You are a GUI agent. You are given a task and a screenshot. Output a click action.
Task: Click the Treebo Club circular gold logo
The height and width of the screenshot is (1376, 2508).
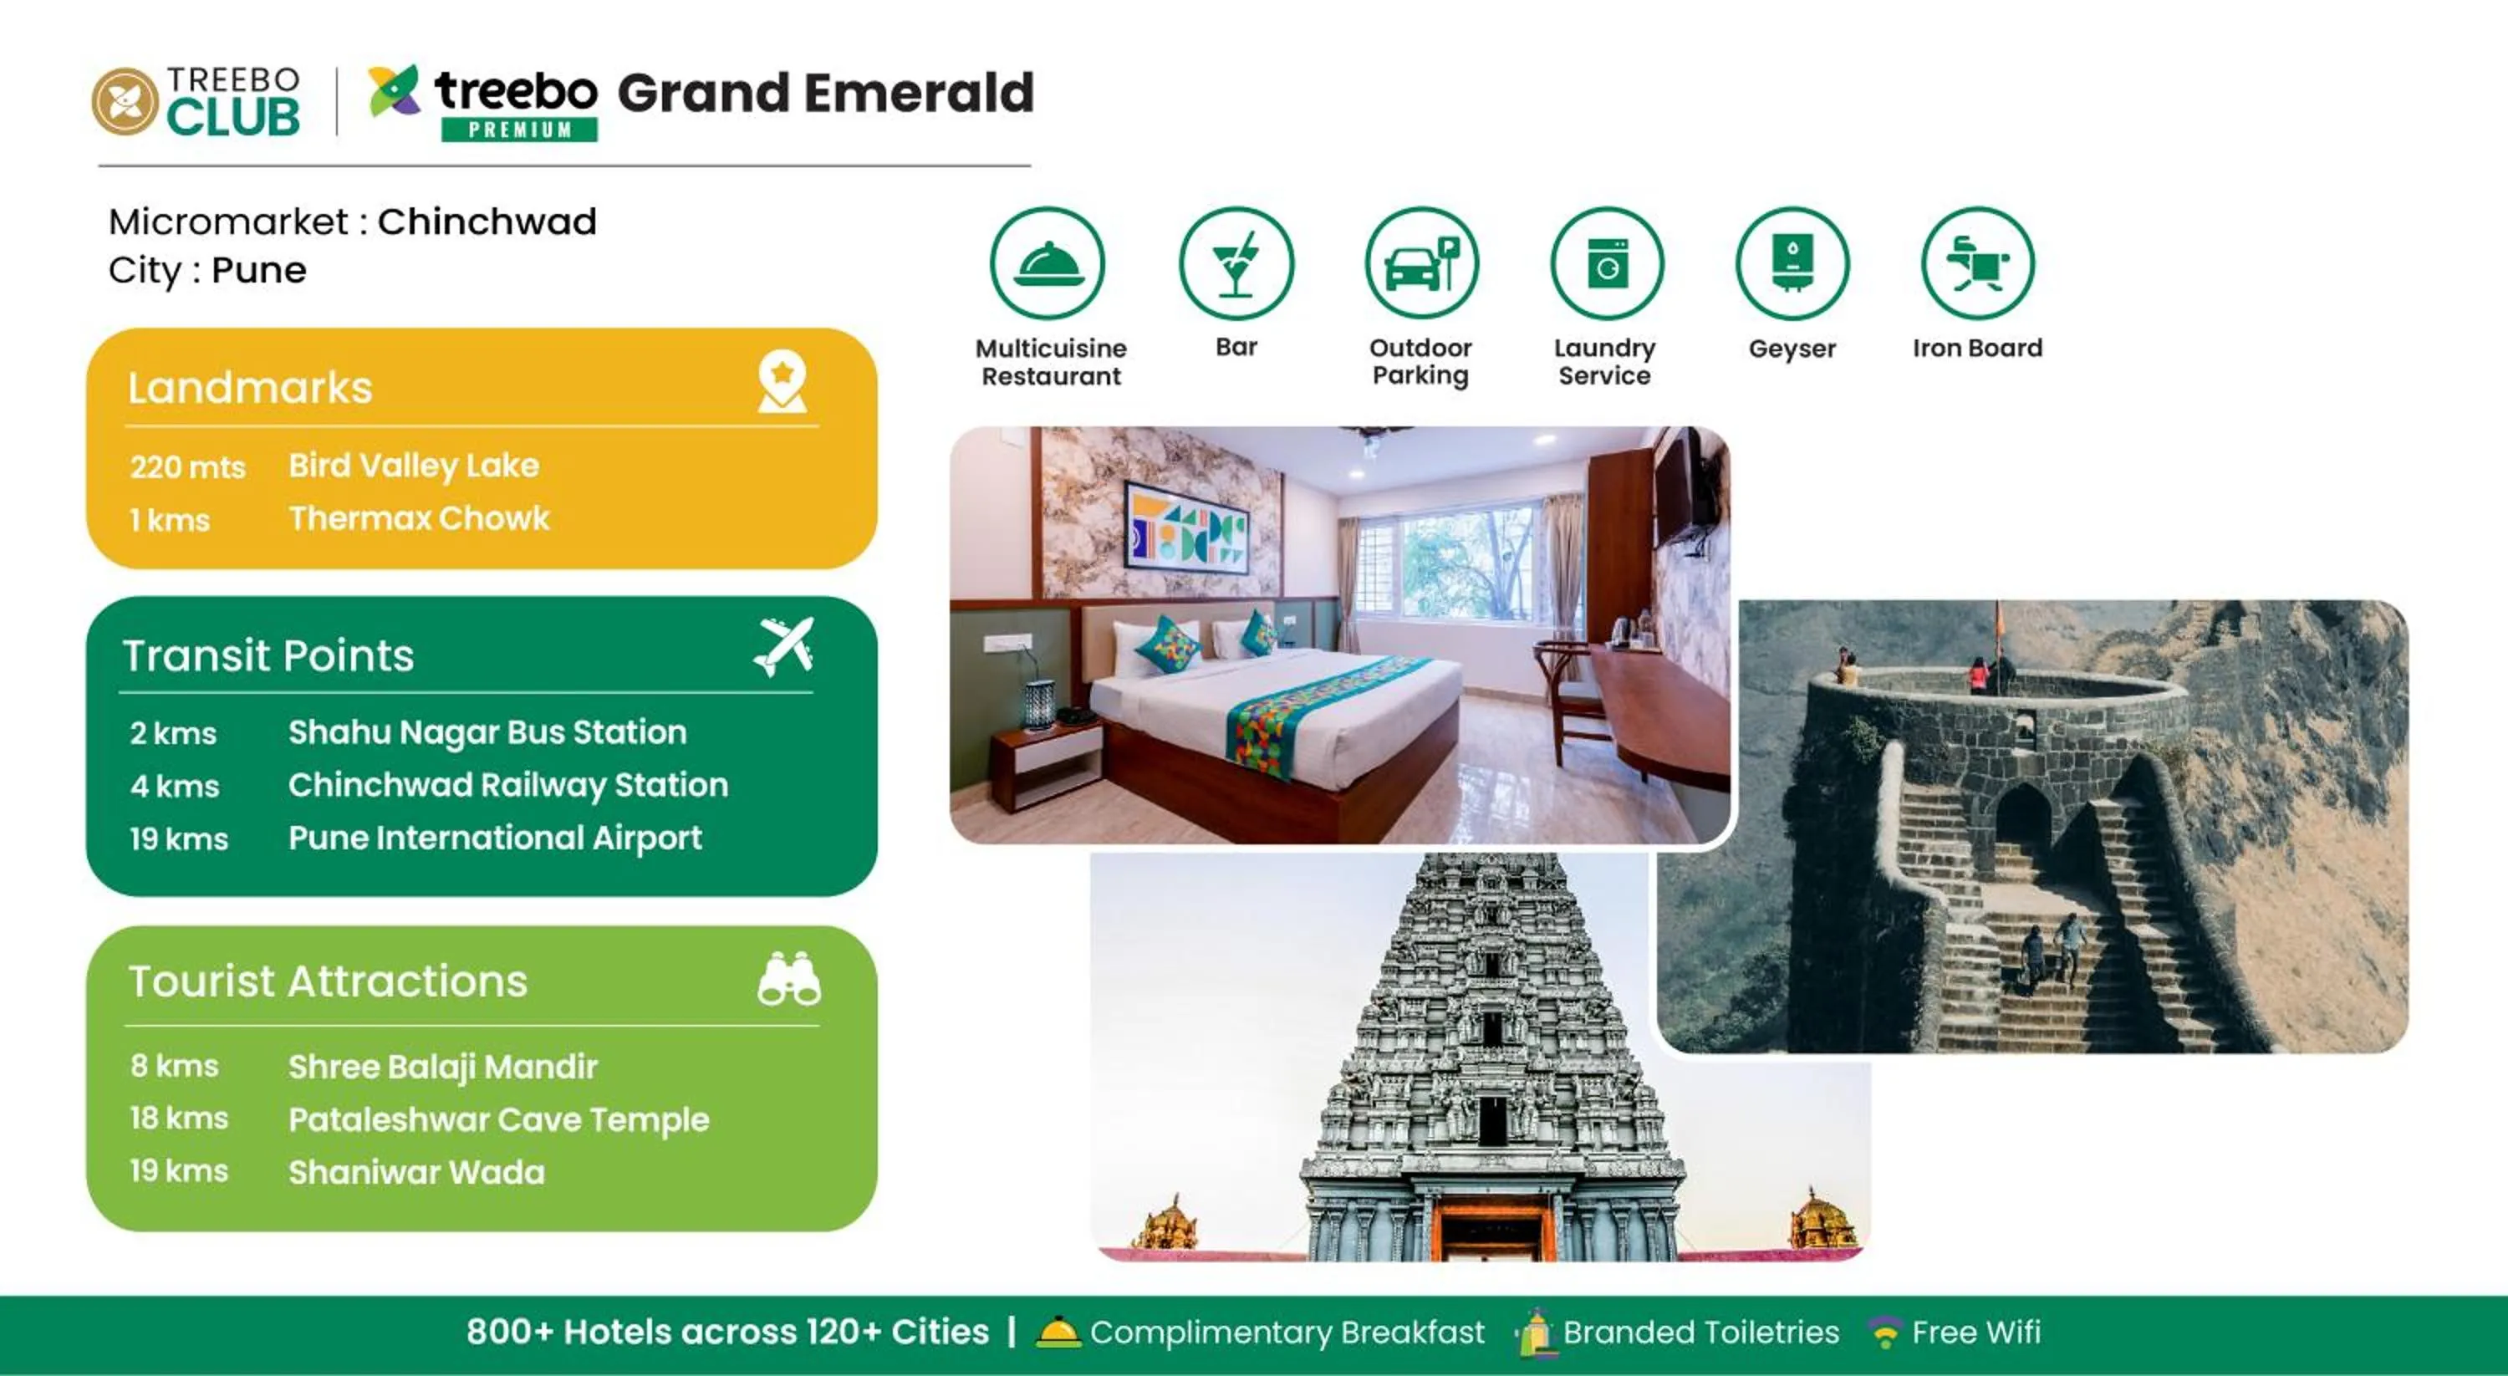pos(125,101)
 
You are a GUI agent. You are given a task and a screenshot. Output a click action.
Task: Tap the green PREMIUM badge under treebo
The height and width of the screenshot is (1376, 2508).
pos(519,130)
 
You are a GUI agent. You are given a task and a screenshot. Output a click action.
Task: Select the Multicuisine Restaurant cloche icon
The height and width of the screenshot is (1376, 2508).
pos(1048,263)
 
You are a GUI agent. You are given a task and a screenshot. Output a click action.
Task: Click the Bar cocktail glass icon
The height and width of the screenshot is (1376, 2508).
pos(1236,263)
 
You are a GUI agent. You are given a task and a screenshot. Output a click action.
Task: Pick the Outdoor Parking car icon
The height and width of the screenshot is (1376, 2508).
pos(1421,263)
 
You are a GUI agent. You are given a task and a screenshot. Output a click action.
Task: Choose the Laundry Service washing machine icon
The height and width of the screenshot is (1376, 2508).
pos(1607,263)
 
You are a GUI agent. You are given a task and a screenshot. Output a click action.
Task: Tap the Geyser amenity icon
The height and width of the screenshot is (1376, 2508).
pos(1792,263)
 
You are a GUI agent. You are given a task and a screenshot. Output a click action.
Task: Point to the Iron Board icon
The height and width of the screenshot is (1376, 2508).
pos(1976,263)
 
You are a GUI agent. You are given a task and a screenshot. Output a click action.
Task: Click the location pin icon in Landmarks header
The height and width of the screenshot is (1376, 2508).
pos(782,382)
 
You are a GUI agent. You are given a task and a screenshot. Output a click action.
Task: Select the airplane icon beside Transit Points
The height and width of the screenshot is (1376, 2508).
pos(784,646)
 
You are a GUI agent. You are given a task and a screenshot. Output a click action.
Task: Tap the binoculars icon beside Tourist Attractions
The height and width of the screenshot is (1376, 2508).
pos(788,979)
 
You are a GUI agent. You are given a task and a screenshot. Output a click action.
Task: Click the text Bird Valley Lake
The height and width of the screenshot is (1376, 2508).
pos(414,466)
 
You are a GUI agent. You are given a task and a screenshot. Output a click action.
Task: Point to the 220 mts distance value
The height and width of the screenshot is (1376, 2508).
pos(188,467)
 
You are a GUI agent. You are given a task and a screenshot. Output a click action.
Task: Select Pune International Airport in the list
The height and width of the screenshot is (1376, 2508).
pos(495,838)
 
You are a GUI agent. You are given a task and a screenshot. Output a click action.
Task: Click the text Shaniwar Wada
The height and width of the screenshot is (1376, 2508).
pos(416,1171)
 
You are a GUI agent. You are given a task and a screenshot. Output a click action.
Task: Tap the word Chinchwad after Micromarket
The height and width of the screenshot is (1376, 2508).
pos(487,222)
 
